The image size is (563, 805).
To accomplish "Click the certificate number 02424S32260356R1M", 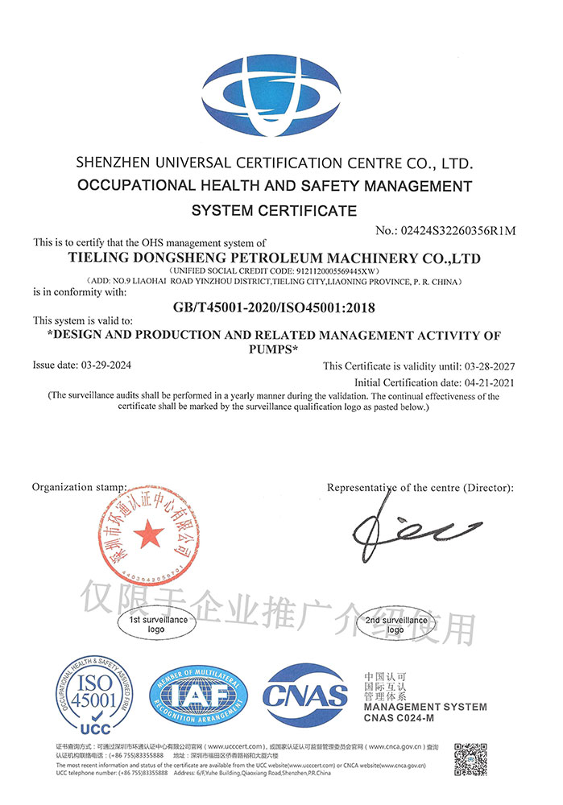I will [x=456, y=231].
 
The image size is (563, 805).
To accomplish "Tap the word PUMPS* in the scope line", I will [x=275, y=349].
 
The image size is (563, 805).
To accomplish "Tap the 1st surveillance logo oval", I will [x=156, y=624].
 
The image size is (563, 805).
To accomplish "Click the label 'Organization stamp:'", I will [x=79, y=488].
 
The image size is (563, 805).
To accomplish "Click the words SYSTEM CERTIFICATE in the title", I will [x=274, y=211].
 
